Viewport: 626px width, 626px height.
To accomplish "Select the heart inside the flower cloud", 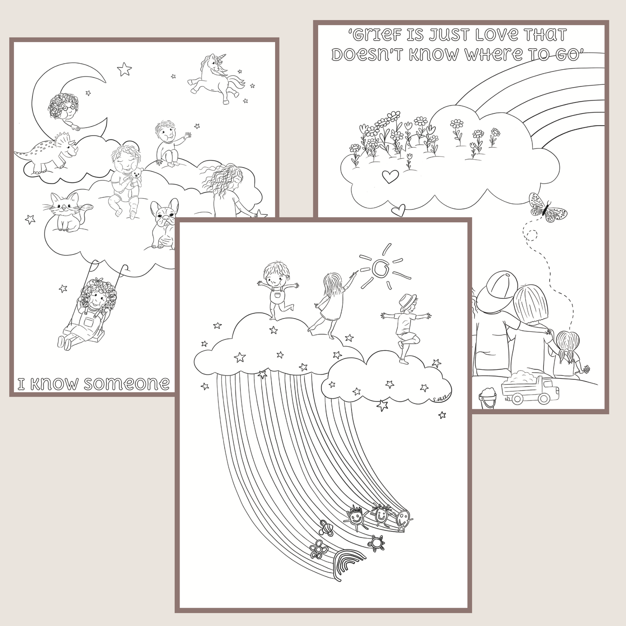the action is pos(390,176).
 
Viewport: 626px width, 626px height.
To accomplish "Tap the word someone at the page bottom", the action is pos(127,384).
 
